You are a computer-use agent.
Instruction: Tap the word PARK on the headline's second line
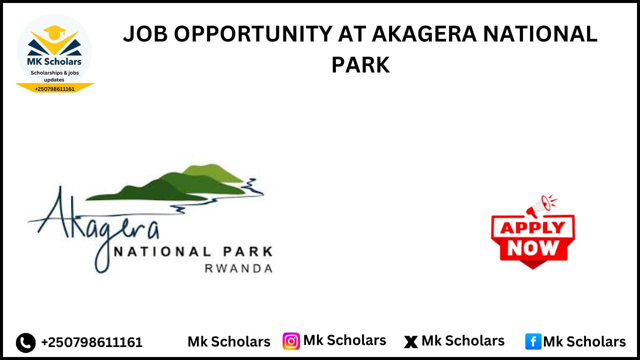pos(360,65)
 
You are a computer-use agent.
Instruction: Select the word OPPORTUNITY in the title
pos(253,34)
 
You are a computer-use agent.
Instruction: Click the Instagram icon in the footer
pos(291,341)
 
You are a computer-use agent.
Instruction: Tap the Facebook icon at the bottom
pos(533,341)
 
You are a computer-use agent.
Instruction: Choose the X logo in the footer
pos(411,342)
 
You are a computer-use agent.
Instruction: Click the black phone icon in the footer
pos(26,342)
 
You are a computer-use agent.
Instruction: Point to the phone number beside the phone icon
pos(91,342)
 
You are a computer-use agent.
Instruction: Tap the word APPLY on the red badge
pos(532,228)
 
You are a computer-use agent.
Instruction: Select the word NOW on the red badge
pos(532,248)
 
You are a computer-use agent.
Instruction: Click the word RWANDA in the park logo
pos(238,268)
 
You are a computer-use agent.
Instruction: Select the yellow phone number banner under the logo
pos(55,88)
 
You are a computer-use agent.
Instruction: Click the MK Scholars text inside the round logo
pos(54,62)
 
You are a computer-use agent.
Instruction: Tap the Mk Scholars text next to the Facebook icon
pos(584,342)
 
